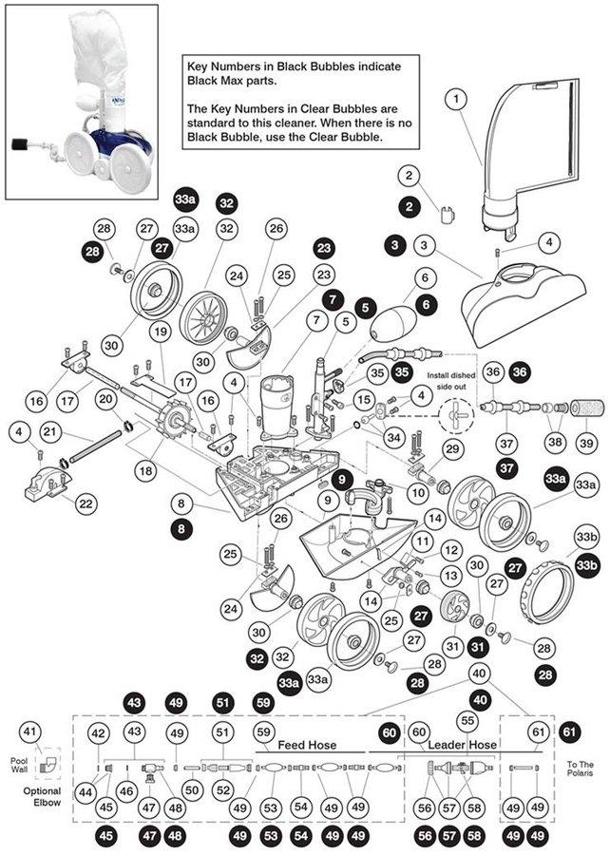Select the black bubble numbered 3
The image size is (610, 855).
click(392, 245)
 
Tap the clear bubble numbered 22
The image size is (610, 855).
click(85, 503)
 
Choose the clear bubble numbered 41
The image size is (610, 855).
click(31, 731)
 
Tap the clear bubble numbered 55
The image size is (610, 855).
click(467, 720)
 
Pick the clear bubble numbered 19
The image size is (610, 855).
click(159, 331)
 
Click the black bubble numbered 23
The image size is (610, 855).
click(325, 248)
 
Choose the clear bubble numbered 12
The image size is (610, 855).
click(450, 550)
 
